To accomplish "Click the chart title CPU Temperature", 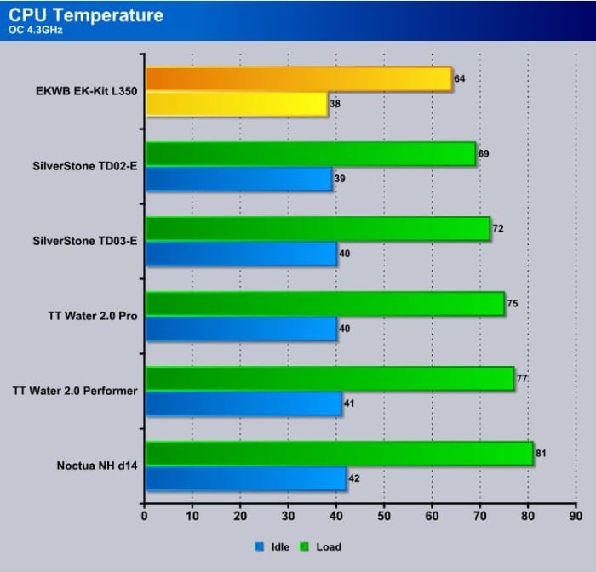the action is click(x=86, y=15).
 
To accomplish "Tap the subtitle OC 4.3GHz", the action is click(x=36, y=30).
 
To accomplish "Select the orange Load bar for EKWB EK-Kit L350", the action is click(x=299, y=79).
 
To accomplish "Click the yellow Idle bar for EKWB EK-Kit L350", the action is click(x=237, y=104).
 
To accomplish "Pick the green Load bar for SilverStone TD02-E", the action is click(x=311, y=154).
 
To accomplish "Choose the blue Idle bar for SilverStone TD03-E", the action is click(x=241, y=254).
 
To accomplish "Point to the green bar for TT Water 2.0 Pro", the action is click(x=325, y=304).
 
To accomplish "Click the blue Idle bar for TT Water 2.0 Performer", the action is click(x=244, y=403).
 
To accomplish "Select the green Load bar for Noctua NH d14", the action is click(x=340, y=454).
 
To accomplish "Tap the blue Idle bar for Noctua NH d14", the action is click(x=246, y=478).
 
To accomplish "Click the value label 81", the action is click(x=541, y=453).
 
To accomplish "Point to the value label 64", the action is click(x=460, y=78).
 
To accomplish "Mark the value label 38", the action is click(x=335, y=103).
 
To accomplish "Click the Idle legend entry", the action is click(x=272, y=547).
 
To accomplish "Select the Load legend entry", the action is click(x=321, y=547).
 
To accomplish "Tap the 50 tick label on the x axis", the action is click(x=384, y=516).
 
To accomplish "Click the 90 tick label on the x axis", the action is click(x=576, y=516).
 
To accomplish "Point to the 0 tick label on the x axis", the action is click(x=144, y=516).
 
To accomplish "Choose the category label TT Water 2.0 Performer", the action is click(x=75, y=391).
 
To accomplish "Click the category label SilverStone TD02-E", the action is click(x=85, y=166).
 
